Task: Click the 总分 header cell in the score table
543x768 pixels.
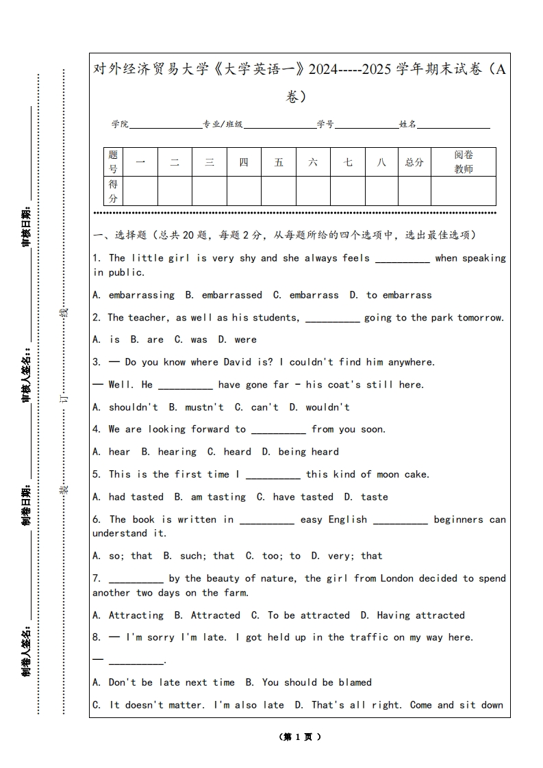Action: (x=414, y=162)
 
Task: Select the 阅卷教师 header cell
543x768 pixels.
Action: (x=464, y=162)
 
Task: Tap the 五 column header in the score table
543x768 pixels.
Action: (x=279, y=162)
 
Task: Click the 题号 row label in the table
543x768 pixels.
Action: (x=113, y=162)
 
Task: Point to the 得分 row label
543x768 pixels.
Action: (x=113, y=191)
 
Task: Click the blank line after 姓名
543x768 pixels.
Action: (x=454, y=125)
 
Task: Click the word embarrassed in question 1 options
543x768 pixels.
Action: (x=231, y=295)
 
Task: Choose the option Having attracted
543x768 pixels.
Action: (x=420, y=615)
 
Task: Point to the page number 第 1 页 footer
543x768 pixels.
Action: (x=300, y=737)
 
